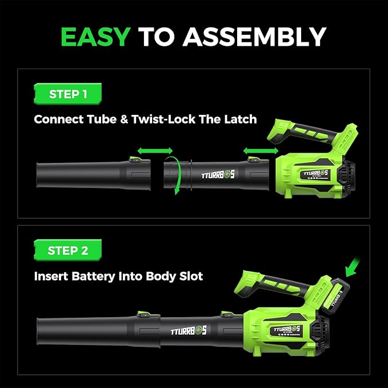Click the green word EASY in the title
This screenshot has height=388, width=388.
[x=95, y=37]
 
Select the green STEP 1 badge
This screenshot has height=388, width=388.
[x=68, y=94]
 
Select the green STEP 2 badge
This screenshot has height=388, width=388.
[x=68, y=250]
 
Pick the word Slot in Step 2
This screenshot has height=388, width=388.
[x=189, y=276]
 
